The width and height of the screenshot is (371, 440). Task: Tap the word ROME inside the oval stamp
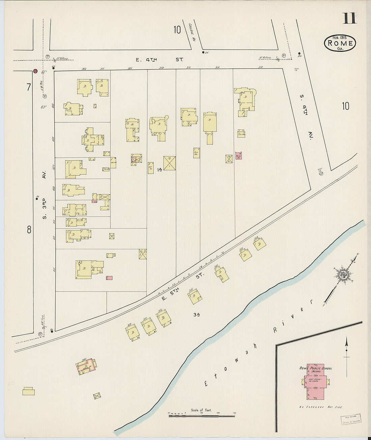(340, 43)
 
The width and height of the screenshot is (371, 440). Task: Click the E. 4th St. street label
(160, 60)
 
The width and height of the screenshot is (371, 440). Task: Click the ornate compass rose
(344, 273)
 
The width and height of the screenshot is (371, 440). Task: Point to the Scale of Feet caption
(201, 410)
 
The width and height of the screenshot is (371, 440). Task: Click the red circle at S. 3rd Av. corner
(35, 71)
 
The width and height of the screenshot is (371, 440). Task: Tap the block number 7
(28, 87)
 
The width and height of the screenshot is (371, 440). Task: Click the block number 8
(29, 230)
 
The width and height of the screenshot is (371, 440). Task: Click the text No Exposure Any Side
(320, 407)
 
